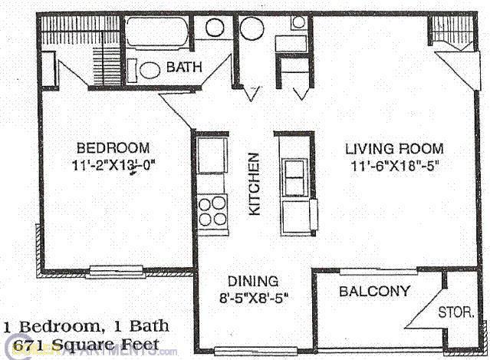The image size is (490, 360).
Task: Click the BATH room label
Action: (184, 68)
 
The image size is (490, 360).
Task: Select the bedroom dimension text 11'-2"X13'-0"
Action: (115, 164)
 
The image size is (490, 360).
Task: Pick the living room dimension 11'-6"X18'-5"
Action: (395, 164)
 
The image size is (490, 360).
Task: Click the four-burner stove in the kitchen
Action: (212, 208)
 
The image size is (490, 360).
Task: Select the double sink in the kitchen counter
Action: (294, 178)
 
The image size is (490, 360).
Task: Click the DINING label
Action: (253, 281)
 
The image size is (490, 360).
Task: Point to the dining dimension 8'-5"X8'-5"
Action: (253, 296)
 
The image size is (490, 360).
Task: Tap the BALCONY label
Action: (374, 292)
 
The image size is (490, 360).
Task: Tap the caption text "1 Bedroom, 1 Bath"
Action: (86, 327)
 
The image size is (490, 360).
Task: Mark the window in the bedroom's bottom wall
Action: (112, 270)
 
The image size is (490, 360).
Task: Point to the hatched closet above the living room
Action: (452, 32)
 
